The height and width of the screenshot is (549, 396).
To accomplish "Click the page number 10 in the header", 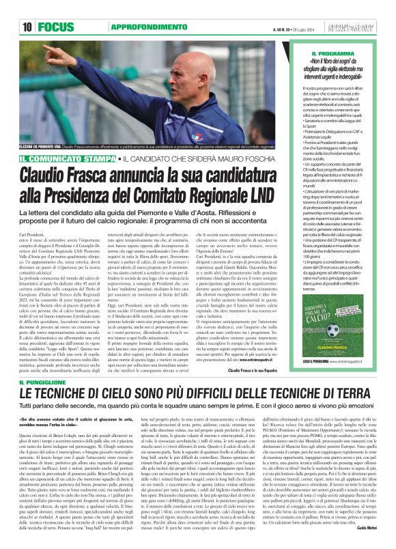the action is tap(28, 27).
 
